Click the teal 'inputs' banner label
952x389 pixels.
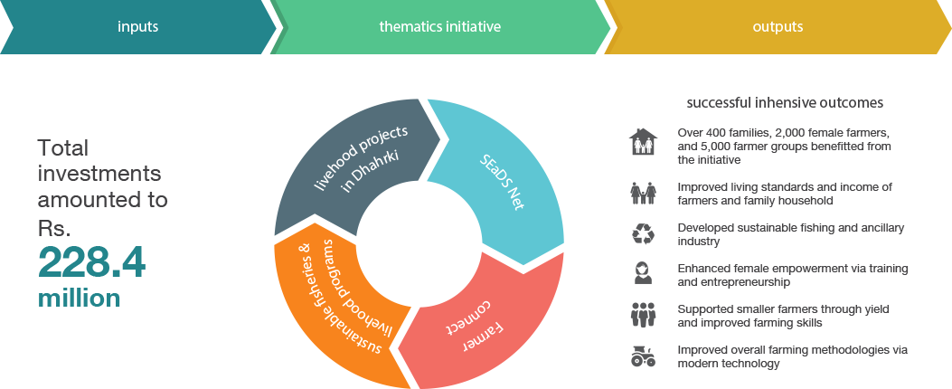tap(137, 27)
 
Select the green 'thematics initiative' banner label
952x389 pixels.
tap(439, 27)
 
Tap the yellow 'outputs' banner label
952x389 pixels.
tap(778, 27)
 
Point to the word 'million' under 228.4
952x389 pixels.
tap(79, 298)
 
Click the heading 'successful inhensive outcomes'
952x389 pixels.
tap(785, 102)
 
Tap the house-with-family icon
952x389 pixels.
tap(643, 142)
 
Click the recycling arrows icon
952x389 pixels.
tap(643, 234)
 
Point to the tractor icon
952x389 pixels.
tap(643, 356)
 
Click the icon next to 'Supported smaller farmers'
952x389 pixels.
tap(643, 315)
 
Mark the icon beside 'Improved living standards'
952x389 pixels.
tap(643, 192)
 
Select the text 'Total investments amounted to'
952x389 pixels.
tap(102, 174)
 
